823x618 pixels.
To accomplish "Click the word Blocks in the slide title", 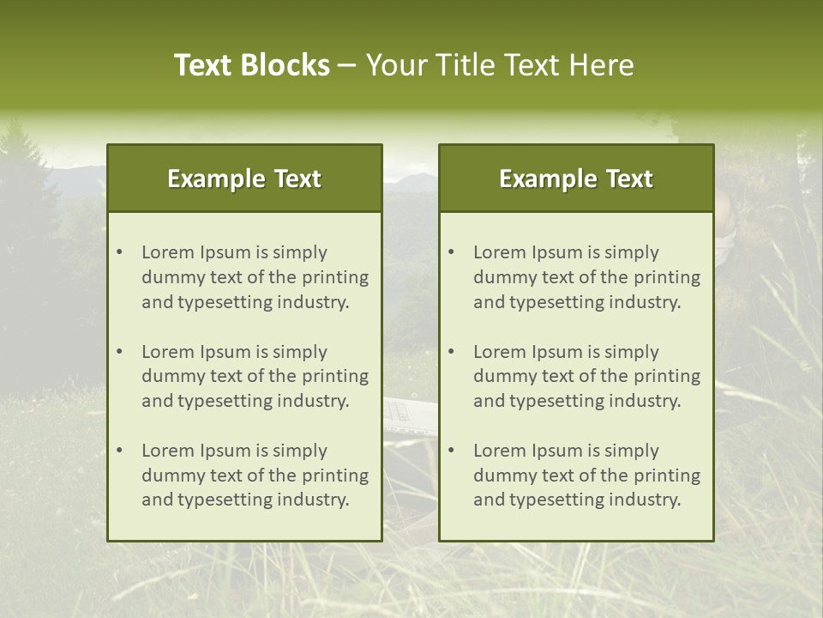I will tap(285, 65).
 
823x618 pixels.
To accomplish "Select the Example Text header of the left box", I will tap(244, 179).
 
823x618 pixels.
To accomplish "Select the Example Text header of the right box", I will tap(576, 179).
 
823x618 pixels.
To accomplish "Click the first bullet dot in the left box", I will tap(120, 252).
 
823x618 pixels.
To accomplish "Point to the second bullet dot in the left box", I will tap(120, 352).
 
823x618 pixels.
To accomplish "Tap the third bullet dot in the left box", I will tap(120, 451).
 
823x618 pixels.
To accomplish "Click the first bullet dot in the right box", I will tap(452, 252).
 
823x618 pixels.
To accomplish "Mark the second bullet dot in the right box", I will tap(452, 352).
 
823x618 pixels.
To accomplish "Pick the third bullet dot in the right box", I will tap(452, 451).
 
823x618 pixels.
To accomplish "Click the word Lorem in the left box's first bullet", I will tap(168, 252).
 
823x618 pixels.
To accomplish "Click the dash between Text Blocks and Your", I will tap(347, 65).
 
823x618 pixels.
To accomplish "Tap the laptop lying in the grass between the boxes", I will tap(410, 413).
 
